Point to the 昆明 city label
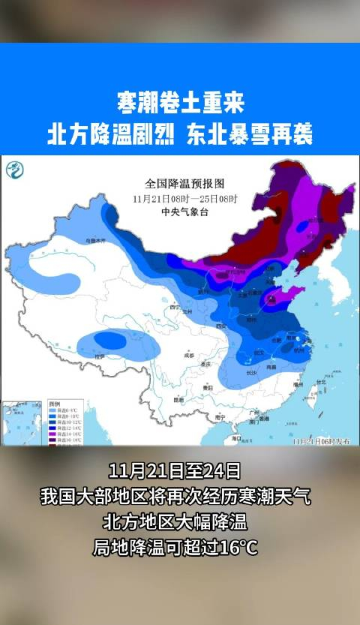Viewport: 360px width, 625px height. pos(178,400)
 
